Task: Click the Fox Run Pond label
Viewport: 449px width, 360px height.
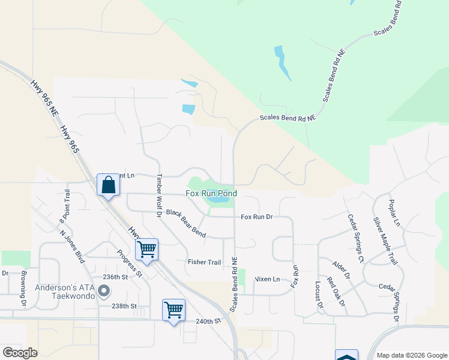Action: pyautogui.click(x=211, y=194)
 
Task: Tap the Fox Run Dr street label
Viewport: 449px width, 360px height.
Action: pyautogui.click(x=256, y=217)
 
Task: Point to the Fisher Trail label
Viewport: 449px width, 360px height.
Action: pyautogui.click(x=204, y=262)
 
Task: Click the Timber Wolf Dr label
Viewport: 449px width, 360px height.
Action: pyautogui.click(x=160, y=196)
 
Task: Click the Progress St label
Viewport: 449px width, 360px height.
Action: pyautogui.click(x=129, y=263)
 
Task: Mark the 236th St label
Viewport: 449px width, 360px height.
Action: pyautogui.click(x=116, y=277)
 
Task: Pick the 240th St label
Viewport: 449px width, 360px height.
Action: pyautogui.click(x=208, y=322)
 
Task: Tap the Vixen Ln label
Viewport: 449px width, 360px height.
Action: pyautogui.click(x=267, y=279)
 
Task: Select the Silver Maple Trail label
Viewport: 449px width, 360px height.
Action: pyautogui.click(x=385, y=241)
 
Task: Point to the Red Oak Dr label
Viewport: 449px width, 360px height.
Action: pyautogui.click(x=336, y=292)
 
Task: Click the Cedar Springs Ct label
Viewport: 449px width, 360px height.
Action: pyautogui.click(x=356, y=238)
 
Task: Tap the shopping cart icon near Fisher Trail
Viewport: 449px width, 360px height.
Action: pyautogui.click(x=147, y=250)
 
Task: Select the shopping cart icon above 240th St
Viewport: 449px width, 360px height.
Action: pyautogui.click(x=173, y=310)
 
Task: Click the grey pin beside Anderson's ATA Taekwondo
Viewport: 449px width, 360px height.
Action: pyautogui.click(x=104, y=292)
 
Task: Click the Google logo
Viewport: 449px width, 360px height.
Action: pyautogui.click(x=20, y=353)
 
